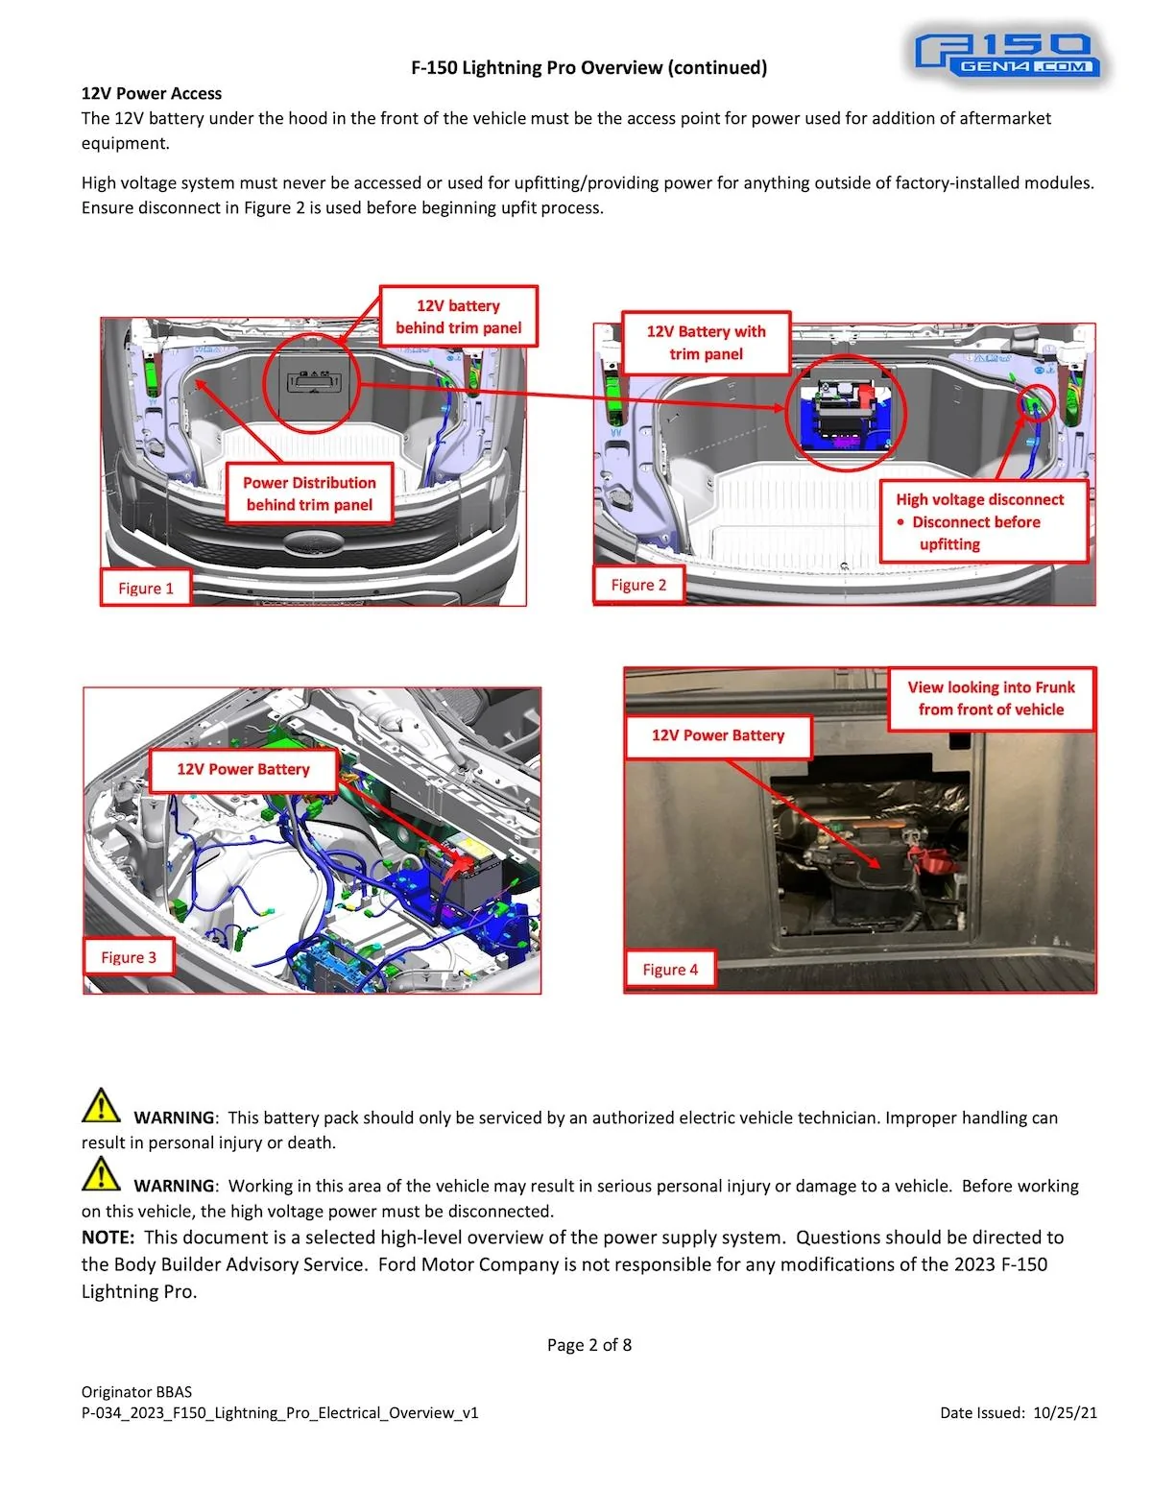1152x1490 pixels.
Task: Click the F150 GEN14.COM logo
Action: tap(1006, 56)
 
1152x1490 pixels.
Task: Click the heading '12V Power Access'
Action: tap(151, 93)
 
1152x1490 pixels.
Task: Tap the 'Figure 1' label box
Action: tap(146, 588)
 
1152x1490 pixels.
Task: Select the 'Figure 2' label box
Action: tap(638, 585)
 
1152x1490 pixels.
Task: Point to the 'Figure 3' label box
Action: tap(129, 957)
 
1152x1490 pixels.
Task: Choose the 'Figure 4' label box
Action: tap(670, 969)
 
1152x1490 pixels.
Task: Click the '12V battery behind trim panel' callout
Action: tap(458, 317)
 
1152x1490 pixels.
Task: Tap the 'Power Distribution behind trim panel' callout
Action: tap(309, 493)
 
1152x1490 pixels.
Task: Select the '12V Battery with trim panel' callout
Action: tap(706, 343)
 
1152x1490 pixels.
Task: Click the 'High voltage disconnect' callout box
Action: tap(983, 521)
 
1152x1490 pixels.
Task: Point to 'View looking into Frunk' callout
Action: tap(991, 698)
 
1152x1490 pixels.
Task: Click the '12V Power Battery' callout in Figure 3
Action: tap(243, 769)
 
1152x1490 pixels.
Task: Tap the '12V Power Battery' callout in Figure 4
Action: tap(717, 735)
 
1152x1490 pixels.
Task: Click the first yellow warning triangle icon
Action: tap(101, 1106)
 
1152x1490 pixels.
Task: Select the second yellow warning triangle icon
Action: tap(101, 1174)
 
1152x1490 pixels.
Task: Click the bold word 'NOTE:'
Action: tap(108, 1238)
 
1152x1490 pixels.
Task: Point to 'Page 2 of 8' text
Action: tap(588, 1345)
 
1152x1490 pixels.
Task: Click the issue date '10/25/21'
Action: tap(1065, 1412)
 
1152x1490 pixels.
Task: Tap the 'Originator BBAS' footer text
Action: tap(136, 1391)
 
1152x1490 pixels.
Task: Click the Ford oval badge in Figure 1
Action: tap(313, 542)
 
